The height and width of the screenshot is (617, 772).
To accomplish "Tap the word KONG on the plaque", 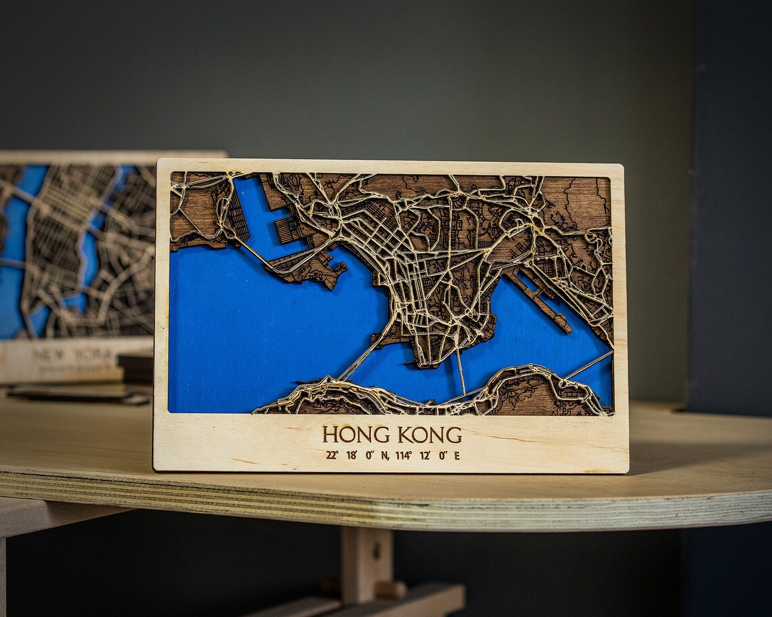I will click(430, 434).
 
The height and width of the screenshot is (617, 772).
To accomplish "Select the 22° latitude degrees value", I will click(332, 455).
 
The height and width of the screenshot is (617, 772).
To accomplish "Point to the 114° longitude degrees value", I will click(403, 455).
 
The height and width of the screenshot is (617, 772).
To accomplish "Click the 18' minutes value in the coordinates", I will click(351, 455).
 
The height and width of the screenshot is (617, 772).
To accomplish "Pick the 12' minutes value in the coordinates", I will click(425, 455).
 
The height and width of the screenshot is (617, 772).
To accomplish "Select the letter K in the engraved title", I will click(404, 434).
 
